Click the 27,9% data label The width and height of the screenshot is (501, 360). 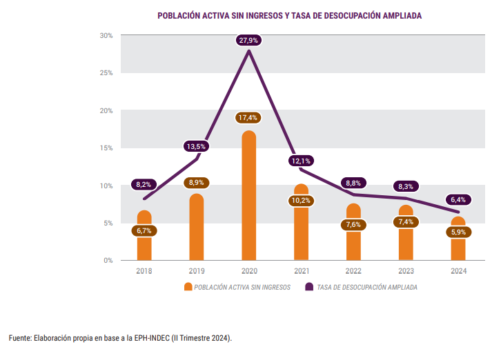click(248, 41)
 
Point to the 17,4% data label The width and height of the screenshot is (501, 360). click(248, 117)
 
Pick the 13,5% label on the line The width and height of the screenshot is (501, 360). click(196, 146)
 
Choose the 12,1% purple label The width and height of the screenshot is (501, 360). click(301, 161)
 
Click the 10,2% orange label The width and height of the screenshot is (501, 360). click(301, 201)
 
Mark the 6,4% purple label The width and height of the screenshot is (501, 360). click(458, 199)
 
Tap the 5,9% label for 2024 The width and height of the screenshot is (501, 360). click(458, 232)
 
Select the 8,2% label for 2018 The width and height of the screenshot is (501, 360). click(144, 184)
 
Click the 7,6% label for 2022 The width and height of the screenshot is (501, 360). click(353, 225)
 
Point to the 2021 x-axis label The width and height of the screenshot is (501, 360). click(301, 271)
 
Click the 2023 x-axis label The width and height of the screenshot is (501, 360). click(406, 271)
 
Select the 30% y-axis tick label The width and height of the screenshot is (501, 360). click(106, 35)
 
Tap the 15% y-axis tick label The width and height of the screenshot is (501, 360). click(106, 148)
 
